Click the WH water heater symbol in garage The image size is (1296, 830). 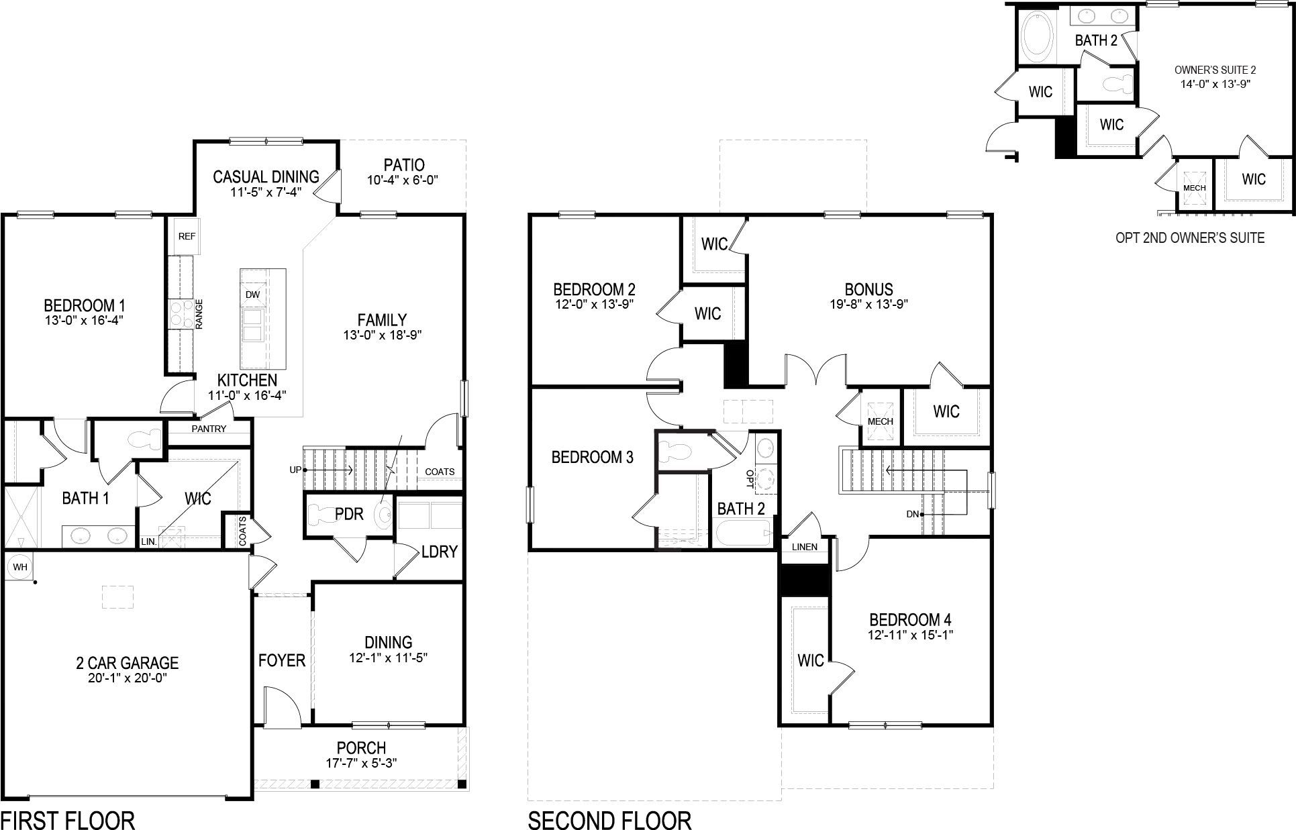(x=20, y=567)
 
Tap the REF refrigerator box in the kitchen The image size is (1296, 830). (x=187, y=236)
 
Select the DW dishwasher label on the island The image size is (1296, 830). (x=253, y=295)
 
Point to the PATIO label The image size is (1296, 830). (x=404, y=165)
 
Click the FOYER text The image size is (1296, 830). (x=282, y=661)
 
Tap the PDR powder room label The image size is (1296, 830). (x=349, y=514)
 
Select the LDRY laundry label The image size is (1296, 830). (x=439, y=552)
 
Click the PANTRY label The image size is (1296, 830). (x=209, y=429)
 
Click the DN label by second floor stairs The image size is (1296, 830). (x=912, y=514)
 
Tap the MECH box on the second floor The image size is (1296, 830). (x=880, y=421)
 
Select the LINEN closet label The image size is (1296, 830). (x=804, y=547)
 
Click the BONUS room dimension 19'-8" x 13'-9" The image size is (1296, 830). (x=868, y=304)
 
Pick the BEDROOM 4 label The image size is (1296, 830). (x=910, y=619)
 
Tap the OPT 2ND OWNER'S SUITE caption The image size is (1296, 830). (x=1190, y=238)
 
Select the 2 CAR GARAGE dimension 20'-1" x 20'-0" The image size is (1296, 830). (x=127, y=678)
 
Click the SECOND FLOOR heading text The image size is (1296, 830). (x=609, y=820)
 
